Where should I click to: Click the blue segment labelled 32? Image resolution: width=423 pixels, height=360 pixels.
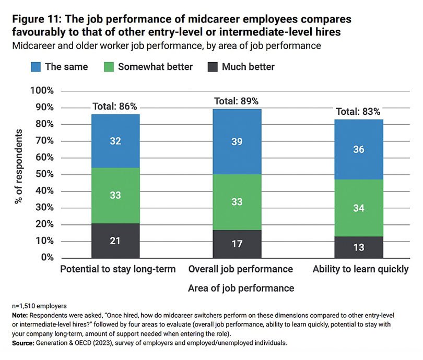point(115,141)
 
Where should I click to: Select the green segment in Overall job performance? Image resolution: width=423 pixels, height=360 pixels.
point(237,202)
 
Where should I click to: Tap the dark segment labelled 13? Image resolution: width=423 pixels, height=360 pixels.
point(360,247)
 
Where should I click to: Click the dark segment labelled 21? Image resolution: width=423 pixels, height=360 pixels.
point(115,240)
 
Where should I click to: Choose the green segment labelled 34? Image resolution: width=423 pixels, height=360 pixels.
point(360,209)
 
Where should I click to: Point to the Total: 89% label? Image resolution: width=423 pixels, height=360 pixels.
point(237,101)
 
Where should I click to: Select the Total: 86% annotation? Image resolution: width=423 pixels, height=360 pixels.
point(115,106)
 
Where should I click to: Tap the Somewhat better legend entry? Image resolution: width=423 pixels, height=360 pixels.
point(148,66)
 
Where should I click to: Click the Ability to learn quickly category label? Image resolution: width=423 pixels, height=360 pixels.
point(360,269)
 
